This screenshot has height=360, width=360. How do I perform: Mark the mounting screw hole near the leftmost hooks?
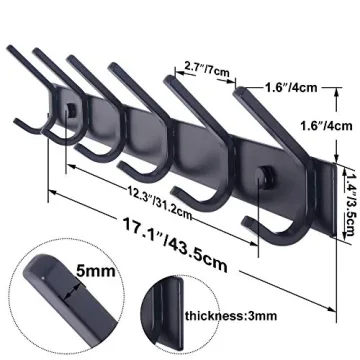tap(73, 106)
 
